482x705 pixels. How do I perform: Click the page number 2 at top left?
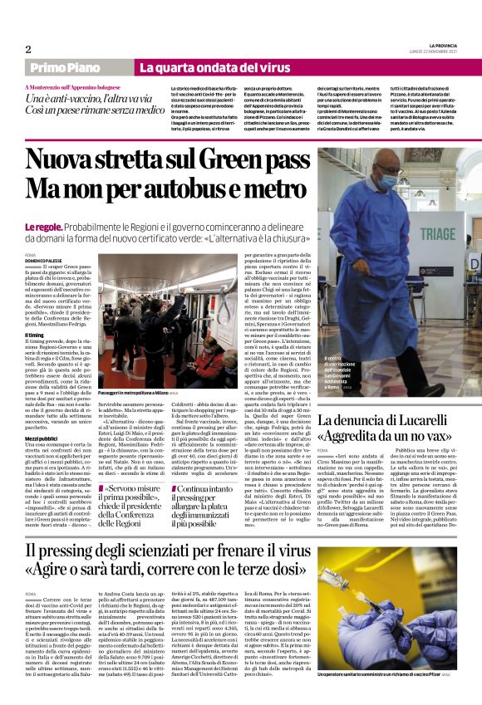(x=27, y=49)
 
